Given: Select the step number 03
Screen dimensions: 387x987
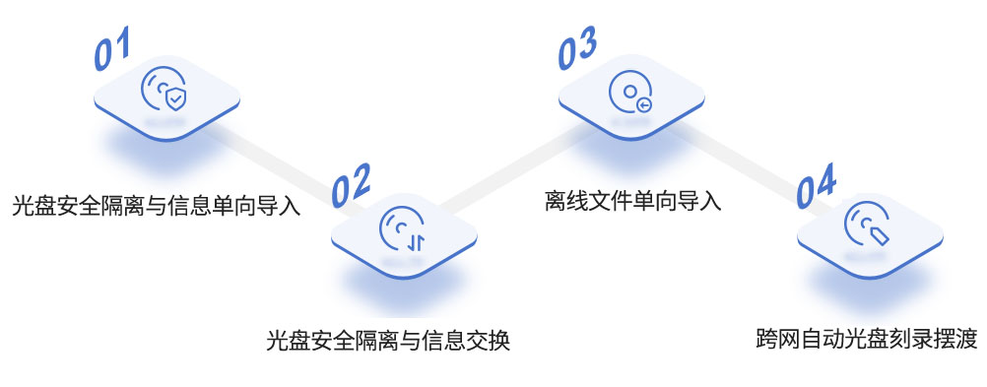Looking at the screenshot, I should (578, 50).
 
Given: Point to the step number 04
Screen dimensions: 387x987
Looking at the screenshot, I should (817, 187).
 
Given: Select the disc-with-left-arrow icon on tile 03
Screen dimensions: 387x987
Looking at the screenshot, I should (631, 92).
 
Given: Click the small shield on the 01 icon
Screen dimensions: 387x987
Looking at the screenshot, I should (174, 99).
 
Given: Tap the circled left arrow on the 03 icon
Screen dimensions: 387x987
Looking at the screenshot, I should (644, 103).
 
